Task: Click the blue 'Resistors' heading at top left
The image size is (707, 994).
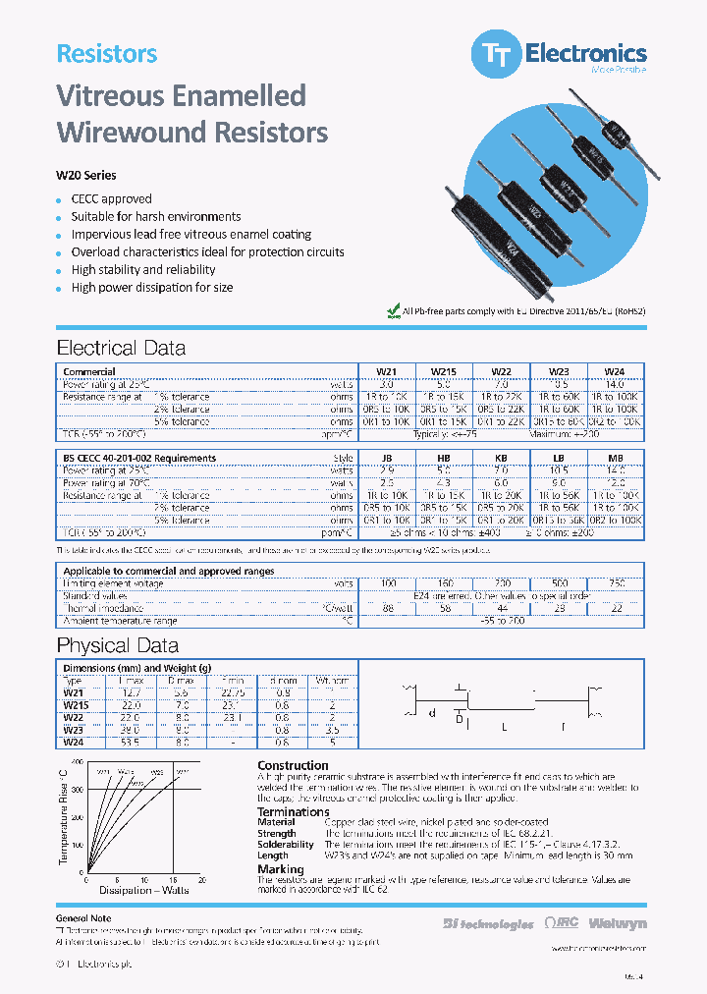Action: click(107, 54)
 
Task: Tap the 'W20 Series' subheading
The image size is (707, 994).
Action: click(86, 176)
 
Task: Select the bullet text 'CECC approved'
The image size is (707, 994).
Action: click(111, 198)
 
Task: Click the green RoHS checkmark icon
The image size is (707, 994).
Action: click(394, 311)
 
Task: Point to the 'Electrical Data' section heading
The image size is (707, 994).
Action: click(121, 348)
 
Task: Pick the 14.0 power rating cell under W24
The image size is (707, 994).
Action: click(614, 384)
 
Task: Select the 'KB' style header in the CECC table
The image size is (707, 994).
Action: click(501, 458)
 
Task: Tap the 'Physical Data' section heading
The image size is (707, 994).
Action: click(118, 645)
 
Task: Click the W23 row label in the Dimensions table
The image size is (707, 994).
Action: click(74, 730)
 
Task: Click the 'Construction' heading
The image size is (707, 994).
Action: click(293, 765)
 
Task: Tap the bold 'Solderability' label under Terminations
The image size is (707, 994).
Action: click(286, 845)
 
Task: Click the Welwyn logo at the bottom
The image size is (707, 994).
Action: click(620, 923)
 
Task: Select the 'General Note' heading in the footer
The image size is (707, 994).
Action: click(84, 916)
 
